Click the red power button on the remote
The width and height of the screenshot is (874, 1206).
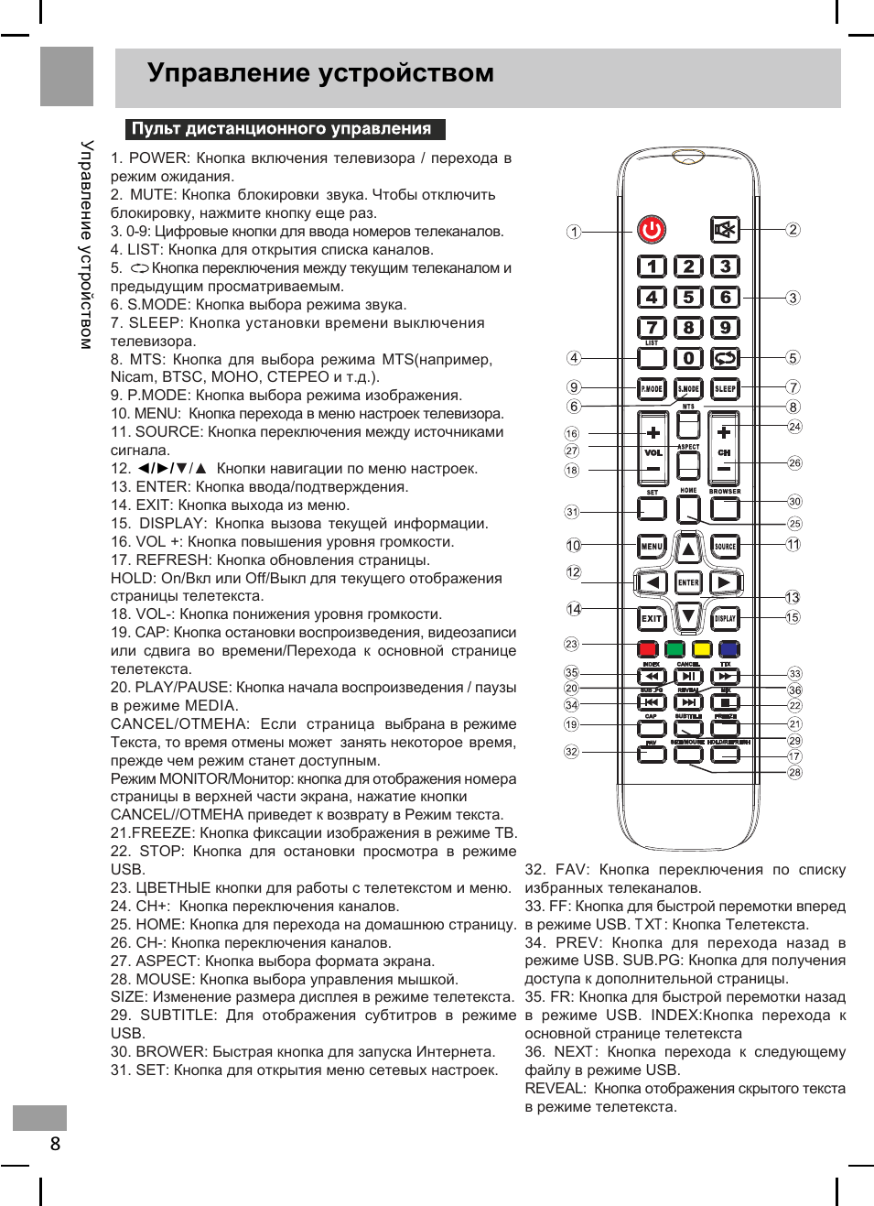[x=652, y=229]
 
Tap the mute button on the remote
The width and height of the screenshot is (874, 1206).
[x=725, y=229]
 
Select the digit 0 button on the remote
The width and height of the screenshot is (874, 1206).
[x=688, y=358]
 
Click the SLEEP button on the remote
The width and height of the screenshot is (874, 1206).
[x=725, y=388]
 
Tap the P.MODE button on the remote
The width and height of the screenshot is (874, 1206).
[x=652, y=388]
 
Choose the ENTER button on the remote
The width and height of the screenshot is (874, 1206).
[x=688, y=582]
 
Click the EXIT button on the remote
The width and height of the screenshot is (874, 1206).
[x=652, y=618]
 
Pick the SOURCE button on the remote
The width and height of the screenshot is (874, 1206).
[x=725, y=547]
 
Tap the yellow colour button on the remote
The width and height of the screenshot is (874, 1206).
[x=702, y=649]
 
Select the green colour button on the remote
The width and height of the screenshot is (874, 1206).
[x=675, y=649]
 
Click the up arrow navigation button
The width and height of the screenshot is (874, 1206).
[x=688, y=549]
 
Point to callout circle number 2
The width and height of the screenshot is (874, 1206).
[x=793, y=230]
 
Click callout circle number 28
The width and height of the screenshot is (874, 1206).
[x=794, y=772]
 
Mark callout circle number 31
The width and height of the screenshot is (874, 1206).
[x=572, y=512]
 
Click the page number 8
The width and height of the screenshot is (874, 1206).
[x=55, y=1143]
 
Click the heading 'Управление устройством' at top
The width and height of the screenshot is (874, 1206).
[x=320, y=73]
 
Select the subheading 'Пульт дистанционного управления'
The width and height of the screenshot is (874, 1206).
[x=282, y=129]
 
